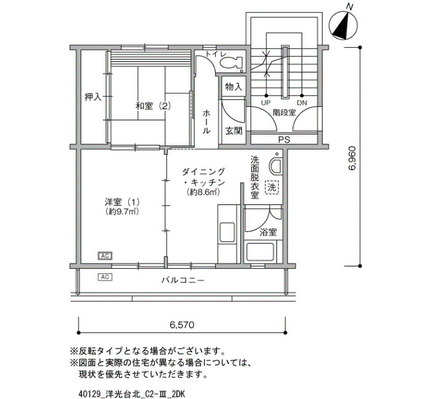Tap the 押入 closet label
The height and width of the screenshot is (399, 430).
(93, 97)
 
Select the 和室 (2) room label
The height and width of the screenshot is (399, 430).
(153, 106)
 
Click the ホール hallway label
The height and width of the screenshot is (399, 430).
(206, 122)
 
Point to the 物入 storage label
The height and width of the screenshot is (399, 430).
(233, 87)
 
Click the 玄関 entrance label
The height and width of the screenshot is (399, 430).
(233, 131)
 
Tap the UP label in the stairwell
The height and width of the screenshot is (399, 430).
(266, 103)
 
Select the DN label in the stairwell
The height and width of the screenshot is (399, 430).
(302, 103)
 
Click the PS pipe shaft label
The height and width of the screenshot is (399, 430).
(284, 140)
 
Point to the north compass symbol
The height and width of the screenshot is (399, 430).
(343, 25)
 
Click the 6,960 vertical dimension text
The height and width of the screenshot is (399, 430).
(353, 158)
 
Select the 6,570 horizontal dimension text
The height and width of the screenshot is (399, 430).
(182, 325)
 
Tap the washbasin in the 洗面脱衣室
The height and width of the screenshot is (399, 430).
(276, 166)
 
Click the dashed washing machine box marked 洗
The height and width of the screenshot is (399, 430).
(272, 187)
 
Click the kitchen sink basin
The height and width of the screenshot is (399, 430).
(227, 233)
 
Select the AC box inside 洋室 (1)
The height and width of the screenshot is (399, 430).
(105, 256)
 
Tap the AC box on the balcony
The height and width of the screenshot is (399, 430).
(105, 277)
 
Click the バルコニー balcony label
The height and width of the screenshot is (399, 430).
(182, 281)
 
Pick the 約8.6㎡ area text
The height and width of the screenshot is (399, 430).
(203, 192)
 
